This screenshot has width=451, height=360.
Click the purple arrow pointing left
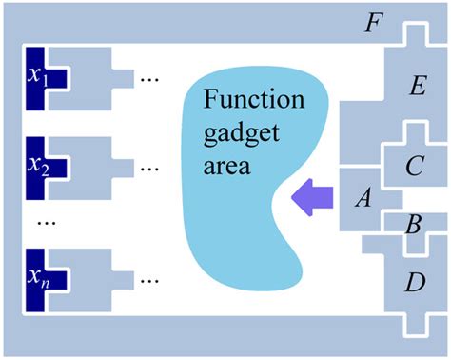313,196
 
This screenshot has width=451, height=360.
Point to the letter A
362,198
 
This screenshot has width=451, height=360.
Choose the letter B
412,227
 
